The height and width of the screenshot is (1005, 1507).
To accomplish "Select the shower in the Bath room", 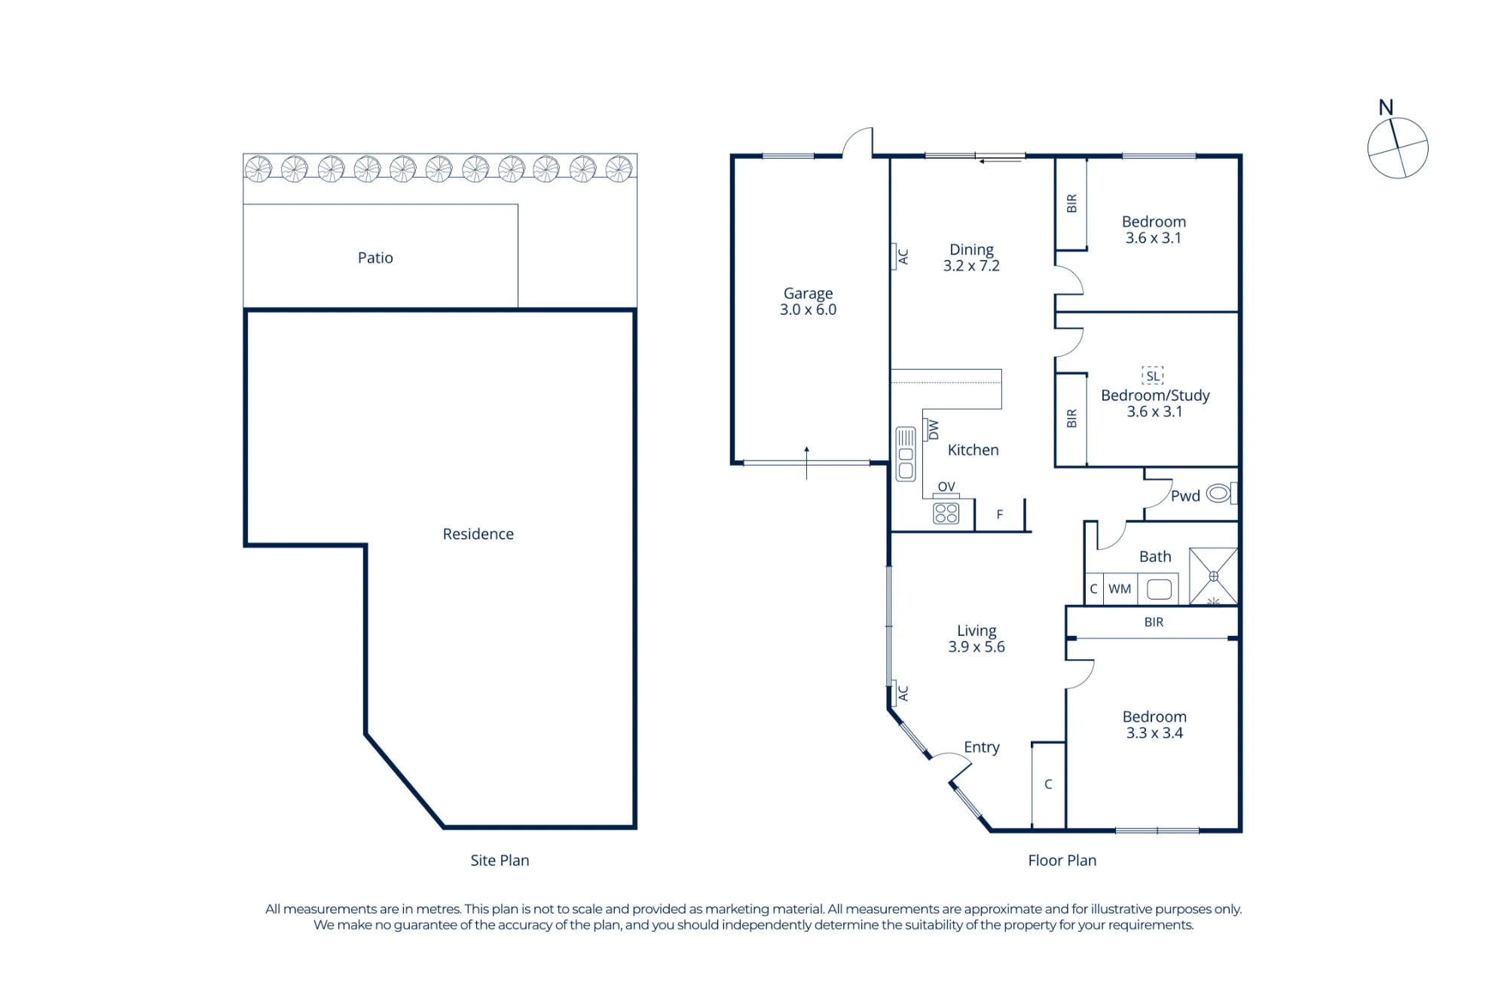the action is click(1213, 576).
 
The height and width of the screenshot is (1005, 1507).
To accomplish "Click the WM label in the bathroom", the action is click(1120, 588).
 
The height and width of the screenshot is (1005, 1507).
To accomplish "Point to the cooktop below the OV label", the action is click(946, 513).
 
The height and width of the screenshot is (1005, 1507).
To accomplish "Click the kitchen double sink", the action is click(906, 454).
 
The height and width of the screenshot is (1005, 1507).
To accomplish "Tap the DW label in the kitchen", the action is click(934, 429).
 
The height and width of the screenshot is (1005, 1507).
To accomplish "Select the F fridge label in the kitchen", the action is click(1000, 515).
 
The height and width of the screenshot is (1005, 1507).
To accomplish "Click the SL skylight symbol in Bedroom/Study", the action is click(1153, 375).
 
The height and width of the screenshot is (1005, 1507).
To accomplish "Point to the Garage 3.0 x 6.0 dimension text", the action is click(808, 310).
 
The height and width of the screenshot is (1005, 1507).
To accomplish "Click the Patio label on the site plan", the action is click(375, 258).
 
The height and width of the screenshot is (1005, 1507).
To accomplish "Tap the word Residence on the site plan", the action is click(478, 533).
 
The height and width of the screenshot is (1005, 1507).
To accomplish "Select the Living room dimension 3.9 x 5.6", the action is click(977, 646).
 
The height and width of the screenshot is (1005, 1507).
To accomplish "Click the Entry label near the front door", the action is click(982, 747).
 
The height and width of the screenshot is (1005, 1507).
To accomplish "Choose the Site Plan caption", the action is click(500, 860).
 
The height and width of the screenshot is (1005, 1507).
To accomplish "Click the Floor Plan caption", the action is click(1062, 860).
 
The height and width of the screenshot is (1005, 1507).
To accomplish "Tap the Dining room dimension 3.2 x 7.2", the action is click(971, 266).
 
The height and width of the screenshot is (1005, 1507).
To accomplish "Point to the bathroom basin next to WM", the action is click(1159, 589).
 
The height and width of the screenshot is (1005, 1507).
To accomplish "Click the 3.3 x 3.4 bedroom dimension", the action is click(1154, 733).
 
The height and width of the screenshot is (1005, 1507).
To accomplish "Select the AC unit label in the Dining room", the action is click(903, 257).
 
